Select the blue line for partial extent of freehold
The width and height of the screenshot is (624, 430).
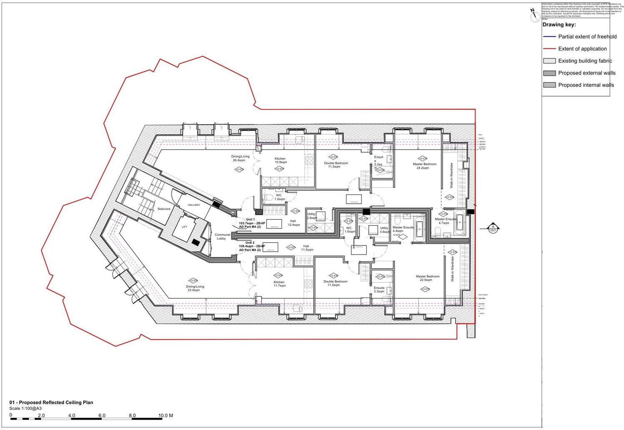[x=549, y=37]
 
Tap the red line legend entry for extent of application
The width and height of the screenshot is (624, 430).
[x=549, y=49]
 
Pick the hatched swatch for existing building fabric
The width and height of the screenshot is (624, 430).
[x=549, y=61]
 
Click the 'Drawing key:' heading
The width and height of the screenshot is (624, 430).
[x=559, y=25]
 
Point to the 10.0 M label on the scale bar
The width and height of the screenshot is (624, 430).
[x=165, y=415]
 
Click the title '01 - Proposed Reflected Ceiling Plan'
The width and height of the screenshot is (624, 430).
[x=51, y=402]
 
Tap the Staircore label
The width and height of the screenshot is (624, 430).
[x=164, y=209]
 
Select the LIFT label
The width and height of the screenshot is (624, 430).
[x=185, y=227]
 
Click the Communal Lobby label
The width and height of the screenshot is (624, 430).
[x=222, y=237]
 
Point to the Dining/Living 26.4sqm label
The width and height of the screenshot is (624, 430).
[x=240, y=158]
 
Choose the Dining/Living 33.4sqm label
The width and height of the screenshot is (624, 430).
[x=195, y=288]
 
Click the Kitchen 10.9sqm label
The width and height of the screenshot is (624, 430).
[x=280, y=160]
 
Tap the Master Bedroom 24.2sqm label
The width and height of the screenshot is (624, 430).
[x=424, y=166]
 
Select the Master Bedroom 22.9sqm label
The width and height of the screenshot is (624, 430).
[x=427, y=278]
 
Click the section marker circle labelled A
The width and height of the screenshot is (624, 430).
[x=493, y=228]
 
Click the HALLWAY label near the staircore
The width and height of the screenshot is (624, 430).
[x=194, y=205]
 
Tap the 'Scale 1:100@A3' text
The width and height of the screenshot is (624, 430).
[x=25, y=409]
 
